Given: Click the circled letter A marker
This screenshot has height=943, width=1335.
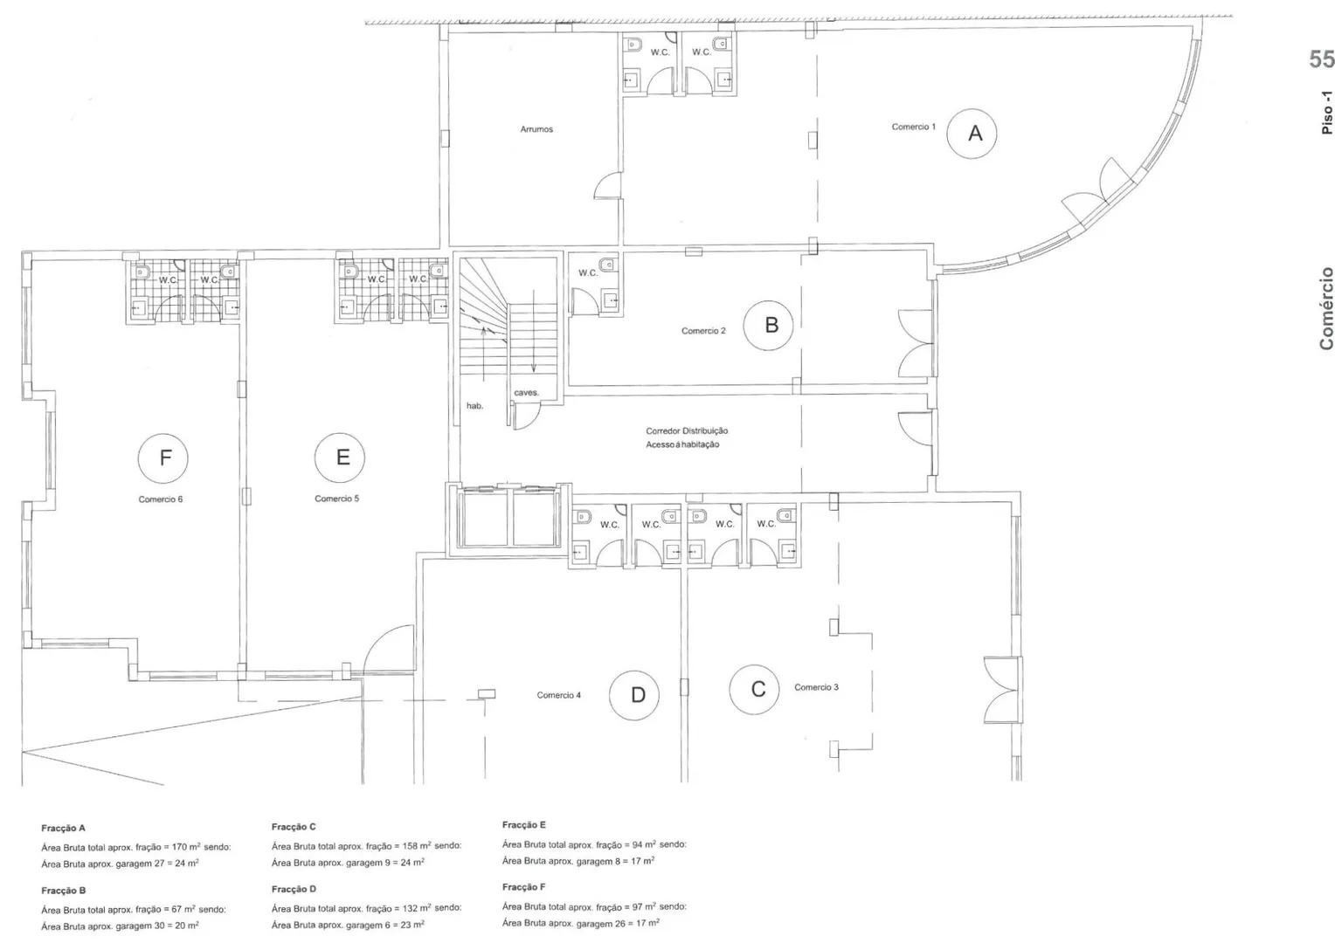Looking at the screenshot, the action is click(x=972, y=134).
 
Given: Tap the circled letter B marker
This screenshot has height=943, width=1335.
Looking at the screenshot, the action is click(x=768, y=326).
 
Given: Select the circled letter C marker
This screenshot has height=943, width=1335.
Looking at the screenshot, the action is click(x=755, y=689).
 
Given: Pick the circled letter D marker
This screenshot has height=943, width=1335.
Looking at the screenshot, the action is click(x=634, y=695).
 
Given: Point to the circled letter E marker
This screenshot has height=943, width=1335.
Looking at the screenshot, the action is click(x=340, y=458).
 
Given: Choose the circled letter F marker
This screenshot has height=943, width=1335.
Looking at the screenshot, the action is click(x=163, y=458).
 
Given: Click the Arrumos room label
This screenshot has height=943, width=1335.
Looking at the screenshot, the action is click(x=536, y=129).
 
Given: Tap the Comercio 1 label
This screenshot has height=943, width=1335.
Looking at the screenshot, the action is click(x=914, y=127).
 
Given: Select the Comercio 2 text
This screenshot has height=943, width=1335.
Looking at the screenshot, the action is click(x=703, y=331).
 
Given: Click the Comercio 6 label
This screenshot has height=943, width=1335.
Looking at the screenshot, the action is click(x=160, y=499).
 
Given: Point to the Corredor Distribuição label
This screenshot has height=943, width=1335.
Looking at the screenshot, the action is click(x=687, y=430).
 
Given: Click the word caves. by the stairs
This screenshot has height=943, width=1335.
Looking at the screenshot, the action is click(x=526, y=393).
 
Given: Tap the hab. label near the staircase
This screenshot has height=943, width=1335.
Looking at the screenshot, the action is click(x=474, y=406).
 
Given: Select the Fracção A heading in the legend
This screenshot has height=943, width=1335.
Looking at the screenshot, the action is click(x=63, y=828).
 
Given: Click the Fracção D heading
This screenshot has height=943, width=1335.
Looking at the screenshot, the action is click(x=294, y=889).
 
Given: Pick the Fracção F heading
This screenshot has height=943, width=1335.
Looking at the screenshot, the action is click(x=524, y=887).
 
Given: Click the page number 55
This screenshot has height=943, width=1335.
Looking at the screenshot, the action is click(x=1321, y=59).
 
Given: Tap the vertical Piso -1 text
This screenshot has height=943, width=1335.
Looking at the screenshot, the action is click(x=1326, y=113).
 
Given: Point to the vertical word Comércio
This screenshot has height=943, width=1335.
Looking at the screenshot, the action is click(x=1326, y=308).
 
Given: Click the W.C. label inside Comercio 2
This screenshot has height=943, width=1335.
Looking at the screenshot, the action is click(x=588, y=272).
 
